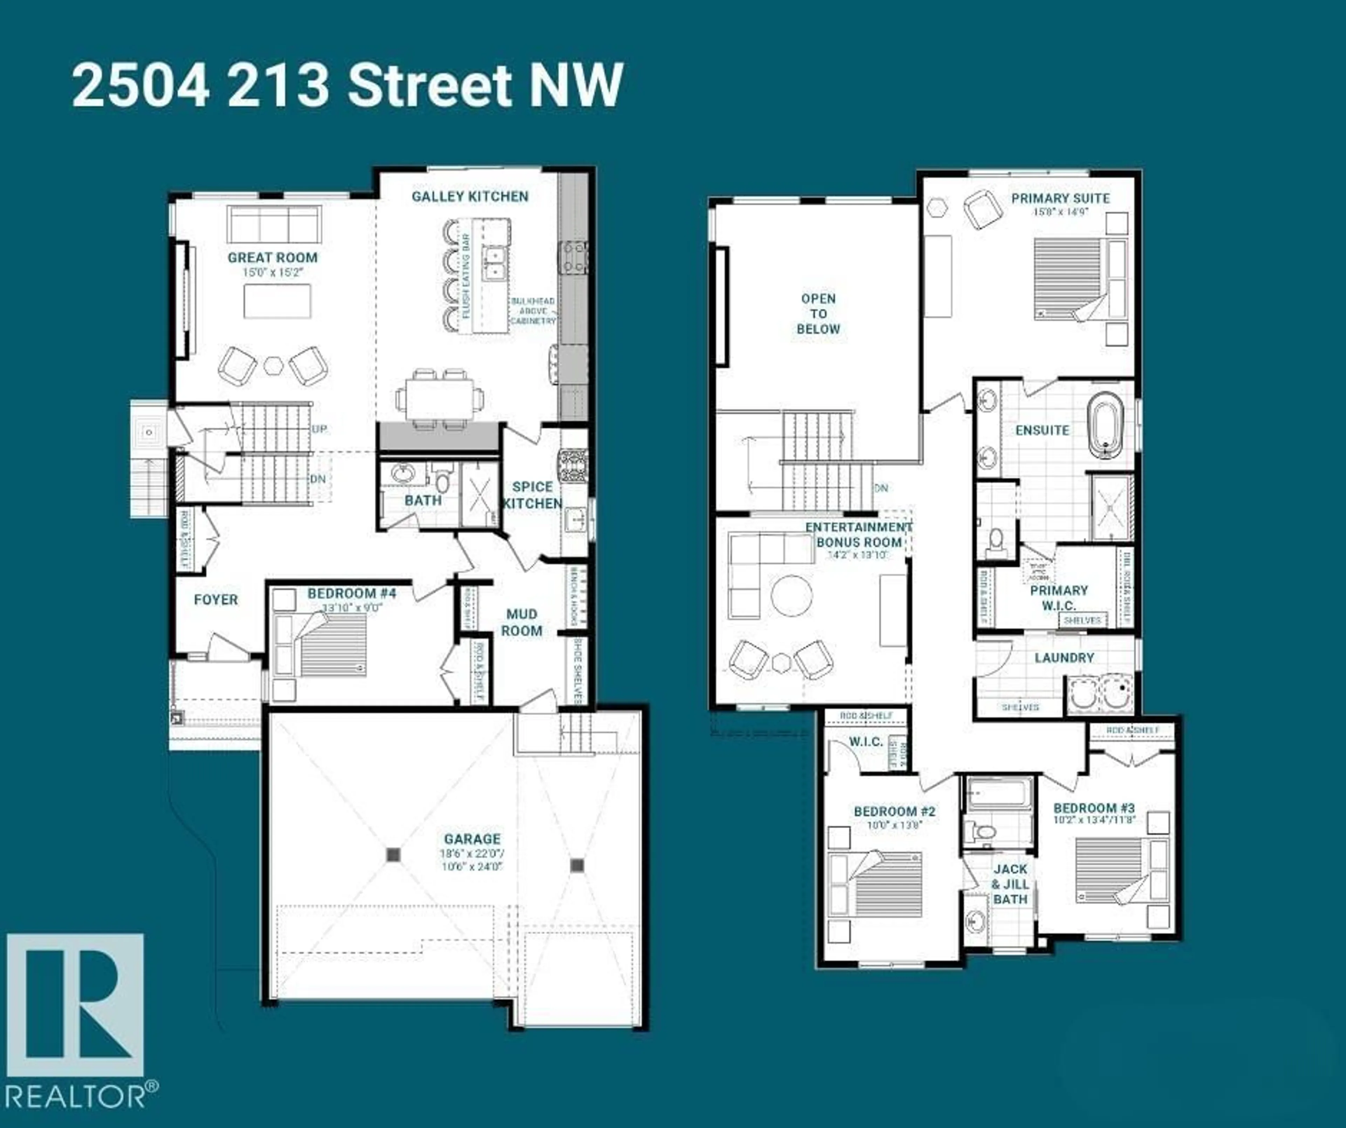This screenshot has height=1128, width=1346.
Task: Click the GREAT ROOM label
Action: [x=272, y=258]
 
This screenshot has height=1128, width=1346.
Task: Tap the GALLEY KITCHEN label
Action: [x=470, y=196]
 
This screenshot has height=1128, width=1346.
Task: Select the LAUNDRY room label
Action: [x=1064, y=658]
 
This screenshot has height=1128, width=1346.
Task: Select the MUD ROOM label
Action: [x=521, y=622]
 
